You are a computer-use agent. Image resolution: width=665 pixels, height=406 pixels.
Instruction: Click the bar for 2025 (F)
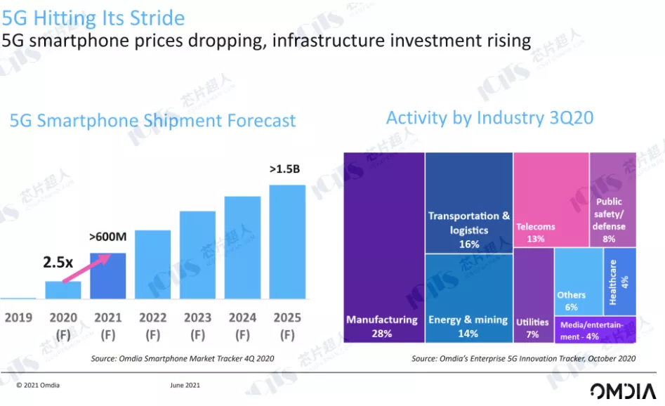tap(287, 242)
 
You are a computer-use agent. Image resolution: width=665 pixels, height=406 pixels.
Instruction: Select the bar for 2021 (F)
tap(108, 277)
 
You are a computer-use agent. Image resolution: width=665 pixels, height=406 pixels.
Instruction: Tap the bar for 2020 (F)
tap(63, 291)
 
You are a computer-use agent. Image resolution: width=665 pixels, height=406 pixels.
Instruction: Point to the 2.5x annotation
tap(58, 262)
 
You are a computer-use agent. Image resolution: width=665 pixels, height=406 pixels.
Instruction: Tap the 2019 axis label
tap(18, 318)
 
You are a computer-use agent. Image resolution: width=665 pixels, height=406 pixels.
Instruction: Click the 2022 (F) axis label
tap(152, 325)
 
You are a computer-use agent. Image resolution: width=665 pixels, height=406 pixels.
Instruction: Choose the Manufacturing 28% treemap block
tap(383, 246)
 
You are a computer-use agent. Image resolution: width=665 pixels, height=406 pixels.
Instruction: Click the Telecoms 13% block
tap(550, 199)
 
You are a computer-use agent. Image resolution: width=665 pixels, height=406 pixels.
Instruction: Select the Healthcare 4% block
tap(619, 281)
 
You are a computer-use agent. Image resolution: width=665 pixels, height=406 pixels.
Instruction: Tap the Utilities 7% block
tap(533, 295)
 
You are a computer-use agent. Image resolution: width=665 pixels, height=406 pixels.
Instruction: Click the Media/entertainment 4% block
tap(595, 330)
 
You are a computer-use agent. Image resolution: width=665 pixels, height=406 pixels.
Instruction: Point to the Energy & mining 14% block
tap(468, 299)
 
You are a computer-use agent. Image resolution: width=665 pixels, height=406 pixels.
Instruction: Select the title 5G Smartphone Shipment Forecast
tap(152, 121)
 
